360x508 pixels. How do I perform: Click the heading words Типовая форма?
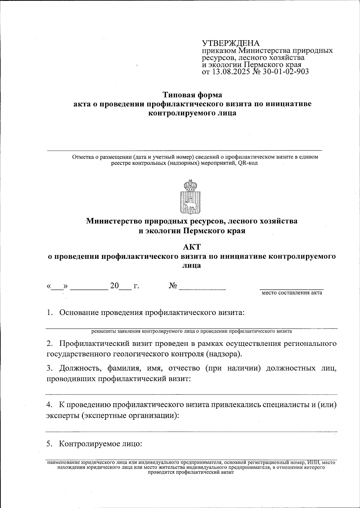(x=192, y=95)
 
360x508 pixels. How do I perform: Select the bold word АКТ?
(x=192, y=247)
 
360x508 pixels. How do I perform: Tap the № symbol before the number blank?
(x=172, y=286)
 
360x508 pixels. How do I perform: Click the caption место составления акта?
(x=292, y=293)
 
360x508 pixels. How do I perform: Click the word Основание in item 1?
(x=79, y=313)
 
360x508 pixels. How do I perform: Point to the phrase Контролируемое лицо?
(x=100, y=444)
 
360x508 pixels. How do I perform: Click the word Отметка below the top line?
(x=82, y=157)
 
